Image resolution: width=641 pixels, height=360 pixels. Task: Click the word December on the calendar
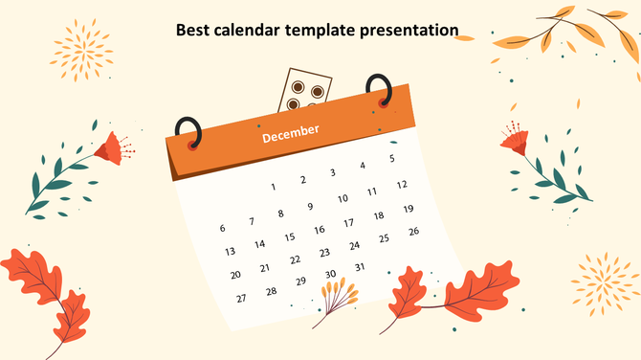[291, 134]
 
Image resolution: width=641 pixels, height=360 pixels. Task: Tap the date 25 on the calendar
[384, 238]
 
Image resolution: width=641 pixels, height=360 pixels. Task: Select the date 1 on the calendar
[274, 187]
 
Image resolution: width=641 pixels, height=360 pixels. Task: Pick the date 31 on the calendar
[360, 267]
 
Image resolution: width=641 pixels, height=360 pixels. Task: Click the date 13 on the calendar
[230, 251]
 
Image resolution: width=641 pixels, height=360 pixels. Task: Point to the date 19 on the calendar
[408, 209]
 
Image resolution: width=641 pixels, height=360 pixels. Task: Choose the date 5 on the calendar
[391, 158]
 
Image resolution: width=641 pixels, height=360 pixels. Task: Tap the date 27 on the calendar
[241, 298]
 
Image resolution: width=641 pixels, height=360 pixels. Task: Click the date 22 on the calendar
[295, 259]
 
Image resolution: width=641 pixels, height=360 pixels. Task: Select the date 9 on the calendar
[310, 206]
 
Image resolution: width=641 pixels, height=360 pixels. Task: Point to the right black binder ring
[380, 89]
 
